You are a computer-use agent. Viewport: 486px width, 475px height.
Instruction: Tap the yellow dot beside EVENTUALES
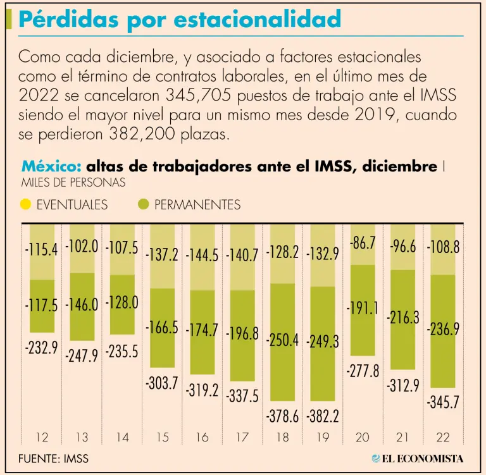tap(25, 204)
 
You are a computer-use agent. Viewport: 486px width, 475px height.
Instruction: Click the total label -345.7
tap(443, 402)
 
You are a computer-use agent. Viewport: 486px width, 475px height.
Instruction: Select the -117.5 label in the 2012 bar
tap(42, 306)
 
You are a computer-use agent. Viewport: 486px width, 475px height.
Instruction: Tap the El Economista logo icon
tap(377, 458)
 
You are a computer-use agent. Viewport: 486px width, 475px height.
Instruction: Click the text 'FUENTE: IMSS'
tap(53, 458)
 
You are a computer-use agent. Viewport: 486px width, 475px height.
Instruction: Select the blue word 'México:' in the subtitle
tap(51, 166)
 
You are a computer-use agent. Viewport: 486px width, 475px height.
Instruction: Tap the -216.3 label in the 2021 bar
tap(403, 318)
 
